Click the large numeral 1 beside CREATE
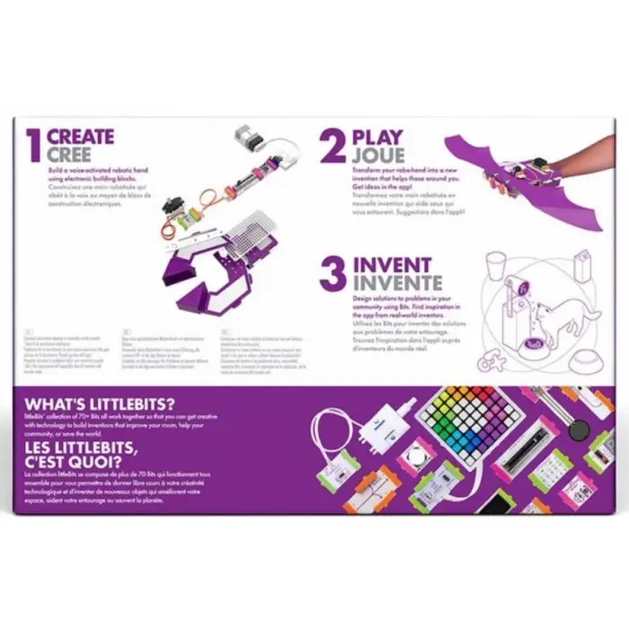coord(34,145)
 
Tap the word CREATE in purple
coord(81,137)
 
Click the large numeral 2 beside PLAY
coord(332,146)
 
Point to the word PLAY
coord(378,137)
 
